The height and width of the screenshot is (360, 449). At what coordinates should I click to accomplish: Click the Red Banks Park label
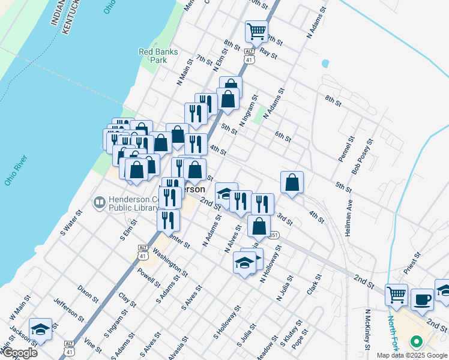[158, 56]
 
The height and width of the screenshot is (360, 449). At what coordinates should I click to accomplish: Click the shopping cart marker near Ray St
[256, 31]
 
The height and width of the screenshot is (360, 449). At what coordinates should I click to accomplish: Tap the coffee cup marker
[422, 299]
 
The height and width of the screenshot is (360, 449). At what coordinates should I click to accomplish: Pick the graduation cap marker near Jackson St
[40, 329]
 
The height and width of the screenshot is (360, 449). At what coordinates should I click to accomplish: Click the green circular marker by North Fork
[415, 343]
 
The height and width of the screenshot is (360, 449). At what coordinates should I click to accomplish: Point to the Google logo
[19, 352]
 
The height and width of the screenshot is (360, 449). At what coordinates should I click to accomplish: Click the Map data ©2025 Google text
[412, 355]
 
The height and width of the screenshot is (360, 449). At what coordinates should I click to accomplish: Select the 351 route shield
[274, 235]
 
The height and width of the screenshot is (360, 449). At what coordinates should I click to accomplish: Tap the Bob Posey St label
[363, 157]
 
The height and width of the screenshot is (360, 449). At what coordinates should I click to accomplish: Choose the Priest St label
[414, 263]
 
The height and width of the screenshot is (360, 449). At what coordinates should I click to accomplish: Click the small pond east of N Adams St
[325, 63]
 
